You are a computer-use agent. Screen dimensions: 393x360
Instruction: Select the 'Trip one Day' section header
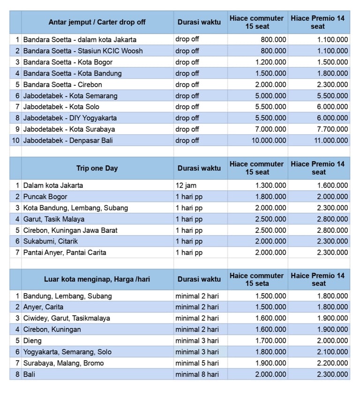(x=97, y=168)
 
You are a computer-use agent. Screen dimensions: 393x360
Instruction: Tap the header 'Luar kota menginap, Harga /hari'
(x=97, y=279)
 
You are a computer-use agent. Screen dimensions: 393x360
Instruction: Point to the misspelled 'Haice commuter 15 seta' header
(x=256, y=280)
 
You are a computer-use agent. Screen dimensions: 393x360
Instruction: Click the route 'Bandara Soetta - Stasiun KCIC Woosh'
(x=83, y=51)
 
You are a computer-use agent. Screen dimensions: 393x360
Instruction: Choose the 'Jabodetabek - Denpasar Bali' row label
(x=68, y=141)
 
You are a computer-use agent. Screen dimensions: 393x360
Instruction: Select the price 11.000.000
(x=331, y=141)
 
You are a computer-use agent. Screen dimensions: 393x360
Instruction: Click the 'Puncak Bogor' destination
(x=45, y=197)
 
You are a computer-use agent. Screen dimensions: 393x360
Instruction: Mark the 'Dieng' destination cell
(x=32, y=341)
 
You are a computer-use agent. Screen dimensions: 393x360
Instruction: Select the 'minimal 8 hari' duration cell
(x=197, y=374)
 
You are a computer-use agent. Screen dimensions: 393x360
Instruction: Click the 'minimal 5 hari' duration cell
(x=197, y=363)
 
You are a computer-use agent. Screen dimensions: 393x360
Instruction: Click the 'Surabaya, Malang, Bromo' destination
(x=63, y=363)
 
